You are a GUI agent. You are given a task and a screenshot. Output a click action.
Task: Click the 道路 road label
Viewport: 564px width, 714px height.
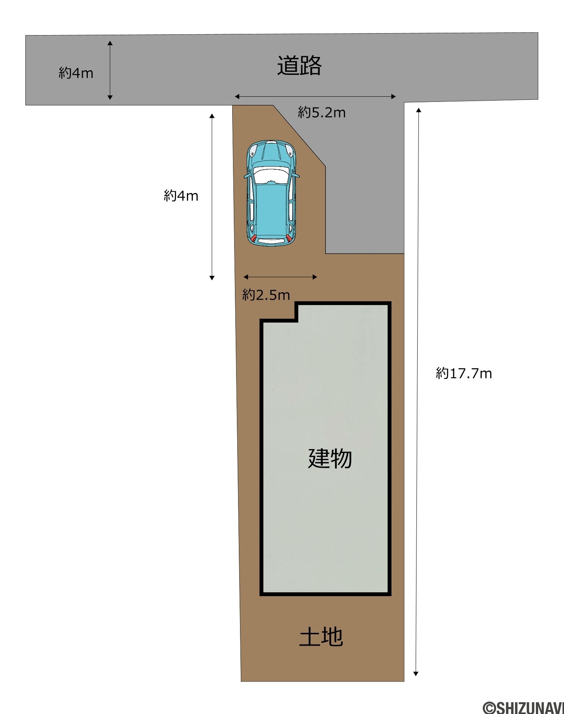[299, 66]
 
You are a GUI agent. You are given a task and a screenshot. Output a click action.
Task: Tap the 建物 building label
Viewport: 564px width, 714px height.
[330, 458]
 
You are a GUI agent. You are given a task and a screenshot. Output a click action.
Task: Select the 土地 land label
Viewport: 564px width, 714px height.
[321, 637]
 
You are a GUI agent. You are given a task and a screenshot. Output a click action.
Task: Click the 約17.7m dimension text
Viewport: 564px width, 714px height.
[464, 373]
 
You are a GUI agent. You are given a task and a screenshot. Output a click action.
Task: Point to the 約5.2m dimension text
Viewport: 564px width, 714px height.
[322, 112]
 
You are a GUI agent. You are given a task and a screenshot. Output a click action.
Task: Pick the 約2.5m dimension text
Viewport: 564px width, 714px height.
[266, 295]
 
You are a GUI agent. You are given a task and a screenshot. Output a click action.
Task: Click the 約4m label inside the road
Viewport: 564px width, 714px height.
[76, 73]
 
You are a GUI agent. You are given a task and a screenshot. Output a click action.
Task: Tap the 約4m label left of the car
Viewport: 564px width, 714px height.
[181, 195]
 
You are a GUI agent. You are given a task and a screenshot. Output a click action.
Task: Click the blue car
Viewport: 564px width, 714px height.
[272, 193]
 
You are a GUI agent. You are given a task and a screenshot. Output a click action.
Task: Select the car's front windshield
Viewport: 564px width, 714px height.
[272, 175]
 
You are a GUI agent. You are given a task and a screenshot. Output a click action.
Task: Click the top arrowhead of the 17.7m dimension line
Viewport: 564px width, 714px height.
[418, 110]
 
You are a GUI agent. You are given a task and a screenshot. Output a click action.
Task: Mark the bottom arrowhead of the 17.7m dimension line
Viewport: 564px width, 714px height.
[416, 674]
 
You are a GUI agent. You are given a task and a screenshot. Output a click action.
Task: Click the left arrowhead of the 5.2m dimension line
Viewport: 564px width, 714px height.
[237, 96]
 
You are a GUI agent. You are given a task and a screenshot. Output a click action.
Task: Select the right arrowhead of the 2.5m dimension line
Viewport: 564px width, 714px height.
[315, 277]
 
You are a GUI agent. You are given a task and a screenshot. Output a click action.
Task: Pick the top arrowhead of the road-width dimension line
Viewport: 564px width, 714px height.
[110, 43]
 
